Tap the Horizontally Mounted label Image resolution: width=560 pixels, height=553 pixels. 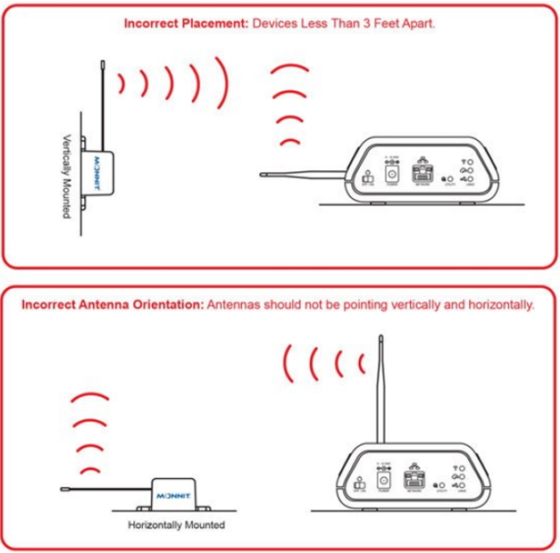point(177,524)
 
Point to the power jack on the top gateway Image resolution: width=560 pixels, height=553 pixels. point(390,173)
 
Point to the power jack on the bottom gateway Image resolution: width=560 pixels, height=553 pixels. point(386,475)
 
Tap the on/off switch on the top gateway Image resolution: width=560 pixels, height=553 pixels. point(366,177)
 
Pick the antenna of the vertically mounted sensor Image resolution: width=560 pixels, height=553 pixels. point(104,98)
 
